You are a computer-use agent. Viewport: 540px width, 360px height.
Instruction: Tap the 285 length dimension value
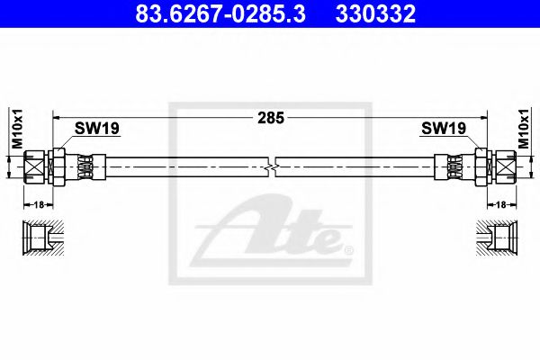[x=269, y=116]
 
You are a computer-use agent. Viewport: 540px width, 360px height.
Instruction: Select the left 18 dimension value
[x=38, y=205]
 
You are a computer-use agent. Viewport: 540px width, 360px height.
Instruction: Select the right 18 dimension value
[x=502, y=205]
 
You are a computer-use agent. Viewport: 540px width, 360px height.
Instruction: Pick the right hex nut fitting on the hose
[x=483, y=166]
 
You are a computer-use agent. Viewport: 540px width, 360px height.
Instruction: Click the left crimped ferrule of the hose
[x=85, y=166]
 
